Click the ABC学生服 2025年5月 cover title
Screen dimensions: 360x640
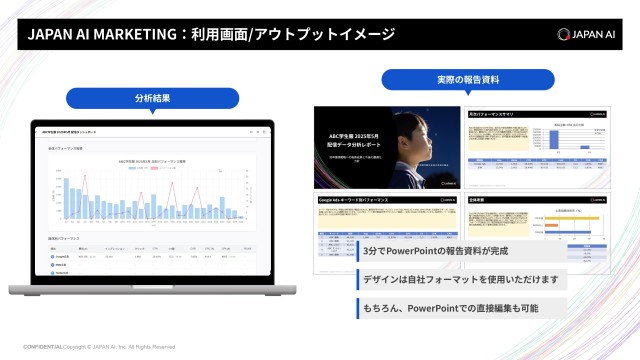tap(348, 133)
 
